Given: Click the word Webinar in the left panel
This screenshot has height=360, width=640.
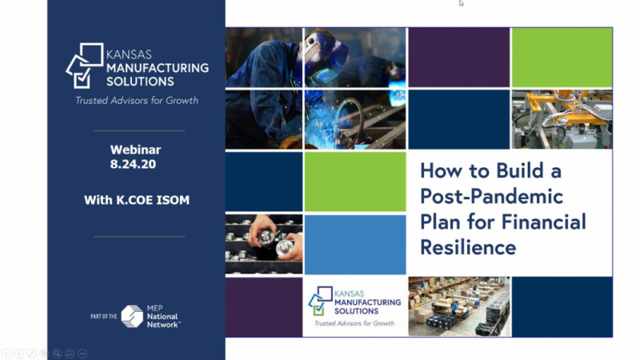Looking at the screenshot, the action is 135,150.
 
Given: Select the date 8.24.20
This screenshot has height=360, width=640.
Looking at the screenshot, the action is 133,164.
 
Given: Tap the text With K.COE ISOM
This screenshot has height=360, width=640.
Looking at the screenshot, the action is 137,200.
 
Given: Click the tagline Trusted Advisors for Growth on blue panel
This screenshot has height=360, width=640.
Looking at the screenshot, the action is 137,101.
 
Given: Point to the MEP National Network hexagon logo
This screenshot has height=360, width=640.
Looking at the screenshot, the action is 132,316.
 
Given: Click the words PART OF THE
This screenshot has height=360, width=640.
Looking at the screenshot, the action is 104,316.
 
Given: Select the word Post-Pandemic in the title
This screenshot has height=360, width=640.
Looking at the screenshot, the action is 491,197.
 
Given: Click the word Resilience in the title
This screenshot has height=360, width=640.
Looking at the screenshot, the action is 468,247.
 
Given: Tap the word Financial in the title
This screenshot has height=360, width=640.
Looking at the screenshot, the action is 544,222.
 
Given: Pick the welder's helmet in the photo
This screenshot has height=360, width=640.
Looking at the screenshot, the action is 326,56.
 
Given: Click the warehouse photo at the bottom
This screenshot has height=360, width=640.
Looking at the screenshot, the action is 459,306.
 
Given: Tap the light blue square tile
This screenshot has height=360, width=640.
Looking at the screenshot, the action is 355,245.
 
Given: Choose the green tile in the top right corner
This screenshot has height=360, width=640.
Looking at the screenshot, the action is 562,57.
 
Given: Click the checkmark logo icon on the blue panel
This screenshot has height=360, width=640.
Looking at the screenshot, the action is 85,66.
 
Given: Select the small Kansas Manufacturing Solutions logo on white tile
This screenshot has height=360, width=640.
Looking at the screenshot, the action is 354,306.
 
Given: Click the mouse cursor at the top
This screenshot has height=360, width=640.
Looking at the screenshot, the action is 461,3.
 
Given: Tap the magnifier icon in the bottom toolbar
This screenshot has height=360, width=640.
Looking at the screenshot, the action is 57,354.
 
